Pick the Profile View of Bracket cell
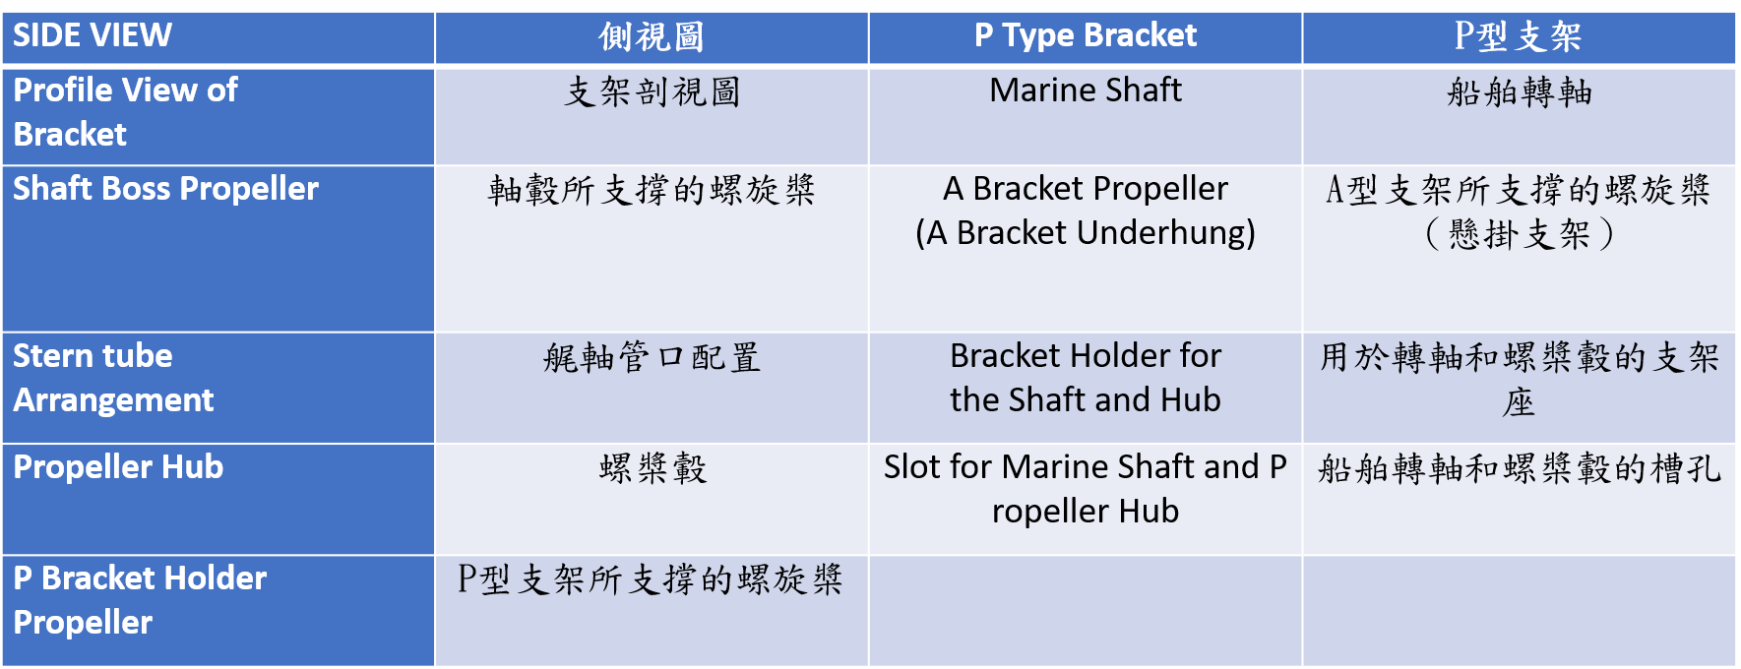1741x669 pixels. click(218, 116)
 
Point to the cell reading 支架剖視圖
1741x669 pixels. click(652, 116)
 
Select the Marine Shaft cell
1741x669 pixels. click(1086, 116)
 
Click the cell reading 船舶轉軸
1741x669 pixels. click(1519, 116)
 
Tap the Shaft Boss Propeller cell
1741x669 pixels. click(218, 249)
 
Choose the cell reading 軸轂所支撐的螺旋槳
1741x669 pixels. click(652, 249)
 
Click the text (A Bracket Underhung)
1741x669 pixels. click(1086, 233)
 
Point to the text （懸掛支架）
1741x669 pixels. click(1519, 234)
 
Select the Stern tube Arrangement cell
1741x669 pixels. click(218, 388)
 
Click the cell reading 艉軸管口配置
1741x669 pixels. click(652, 388)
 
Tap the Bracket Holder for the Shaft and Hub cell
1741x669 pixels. click(1086, 388)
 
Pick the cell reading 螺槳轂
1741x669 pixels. click(652, 499)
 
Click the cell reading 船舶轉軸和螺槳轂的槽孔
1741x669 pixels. click(1519, 499)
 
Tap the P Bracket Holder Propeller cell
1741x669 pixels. click(218, 611)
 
